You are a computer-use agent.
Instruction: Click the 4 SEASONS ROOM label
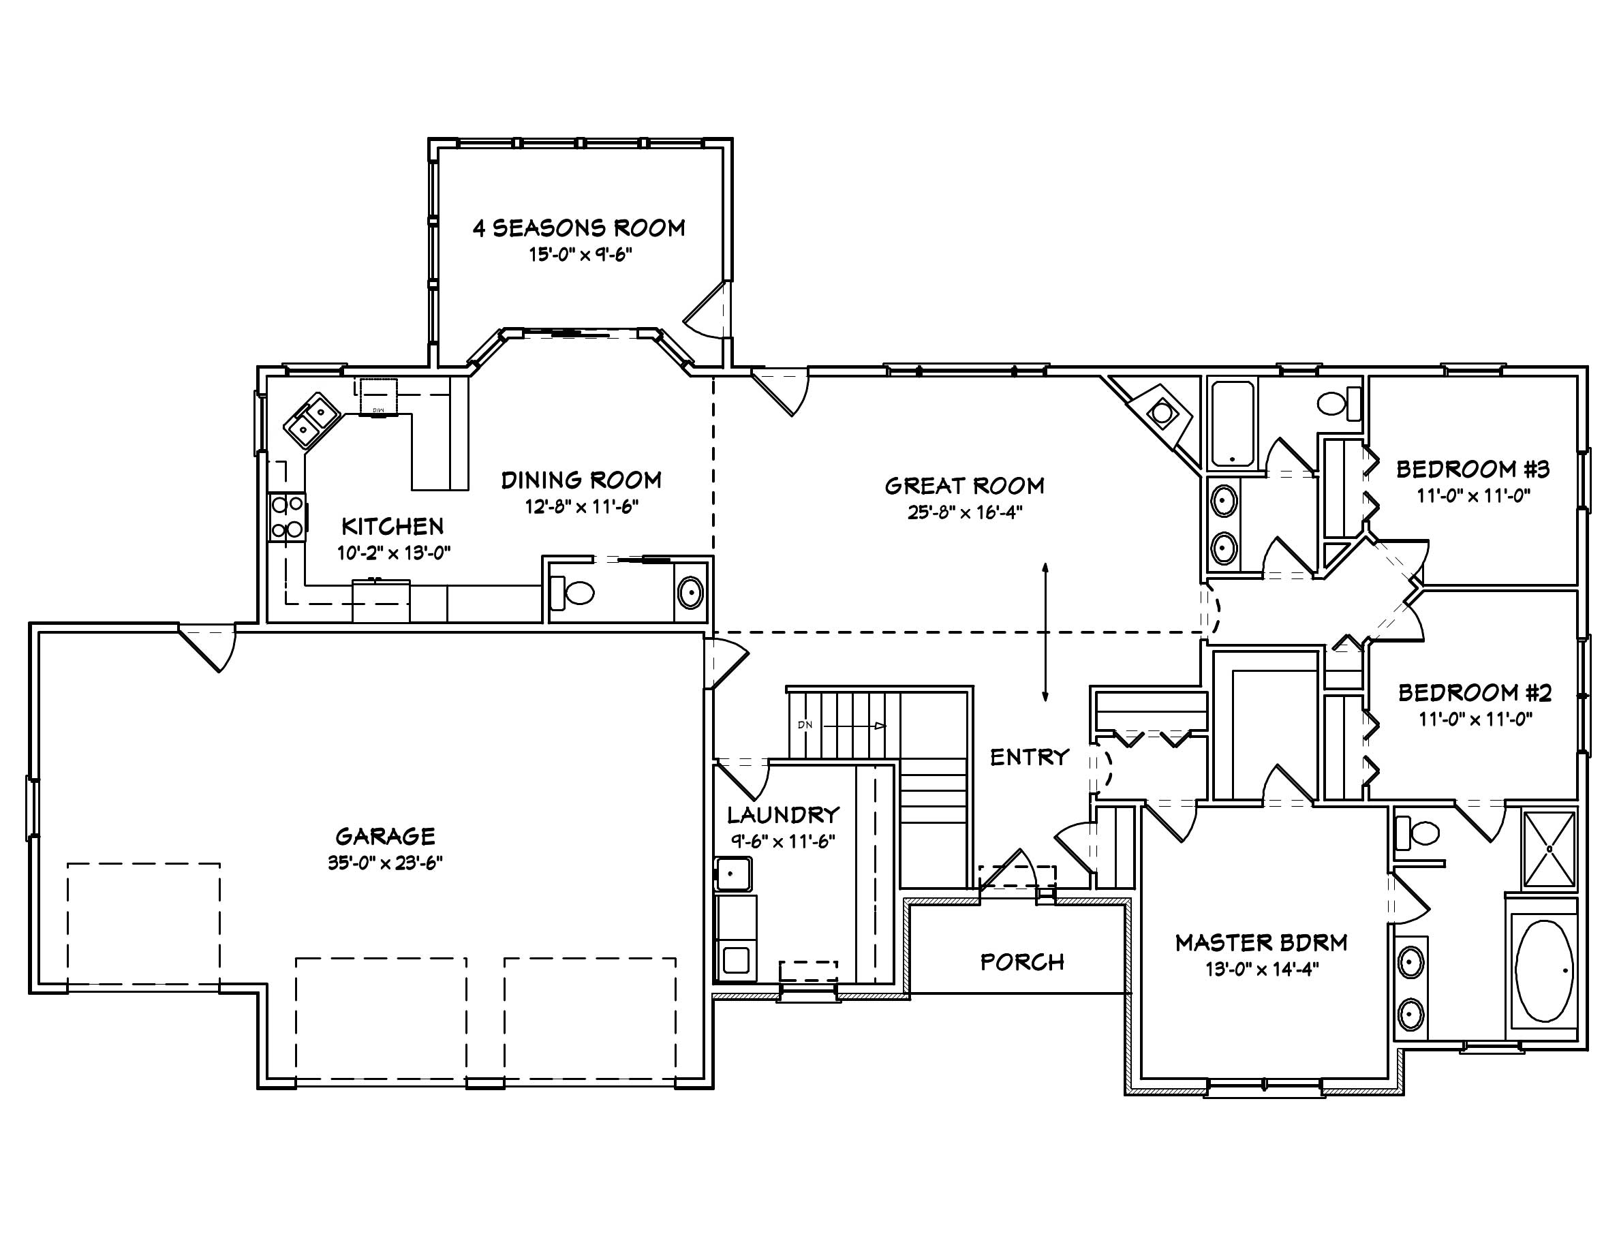coord(579,228)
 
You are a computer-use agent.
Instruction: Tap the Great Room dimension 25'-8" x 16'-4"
coord(964,513)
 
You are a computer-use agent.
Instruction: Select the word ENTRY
coord(1030,758)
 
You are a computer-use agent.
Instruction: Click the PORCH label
coord(1022,962)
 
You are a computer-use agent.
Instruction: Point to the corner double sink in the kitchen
coord(312,420)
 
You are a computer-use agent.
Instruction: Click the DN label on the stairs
coord(805,725)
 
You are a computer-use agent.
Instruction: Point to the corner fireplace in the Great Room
coord(1160,412)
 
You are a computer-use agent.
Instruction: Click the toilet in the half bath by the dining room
coord(574,592)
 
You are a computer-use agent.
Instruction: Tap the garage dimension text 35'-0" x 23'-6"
coord(385,863)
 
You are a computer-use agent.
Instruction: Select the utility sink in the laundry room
coord(733,874)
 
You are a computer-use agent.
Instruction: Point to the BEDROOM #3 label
coord(1472,469)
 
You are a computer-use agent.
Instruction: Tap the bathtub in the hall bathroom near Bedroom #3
coord(1231,422)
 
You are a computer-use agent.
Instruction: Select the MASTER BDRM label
coord(1261,943)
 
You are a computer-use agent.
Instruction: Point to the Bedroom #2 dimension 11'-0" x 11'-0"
coord(1475,719)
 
